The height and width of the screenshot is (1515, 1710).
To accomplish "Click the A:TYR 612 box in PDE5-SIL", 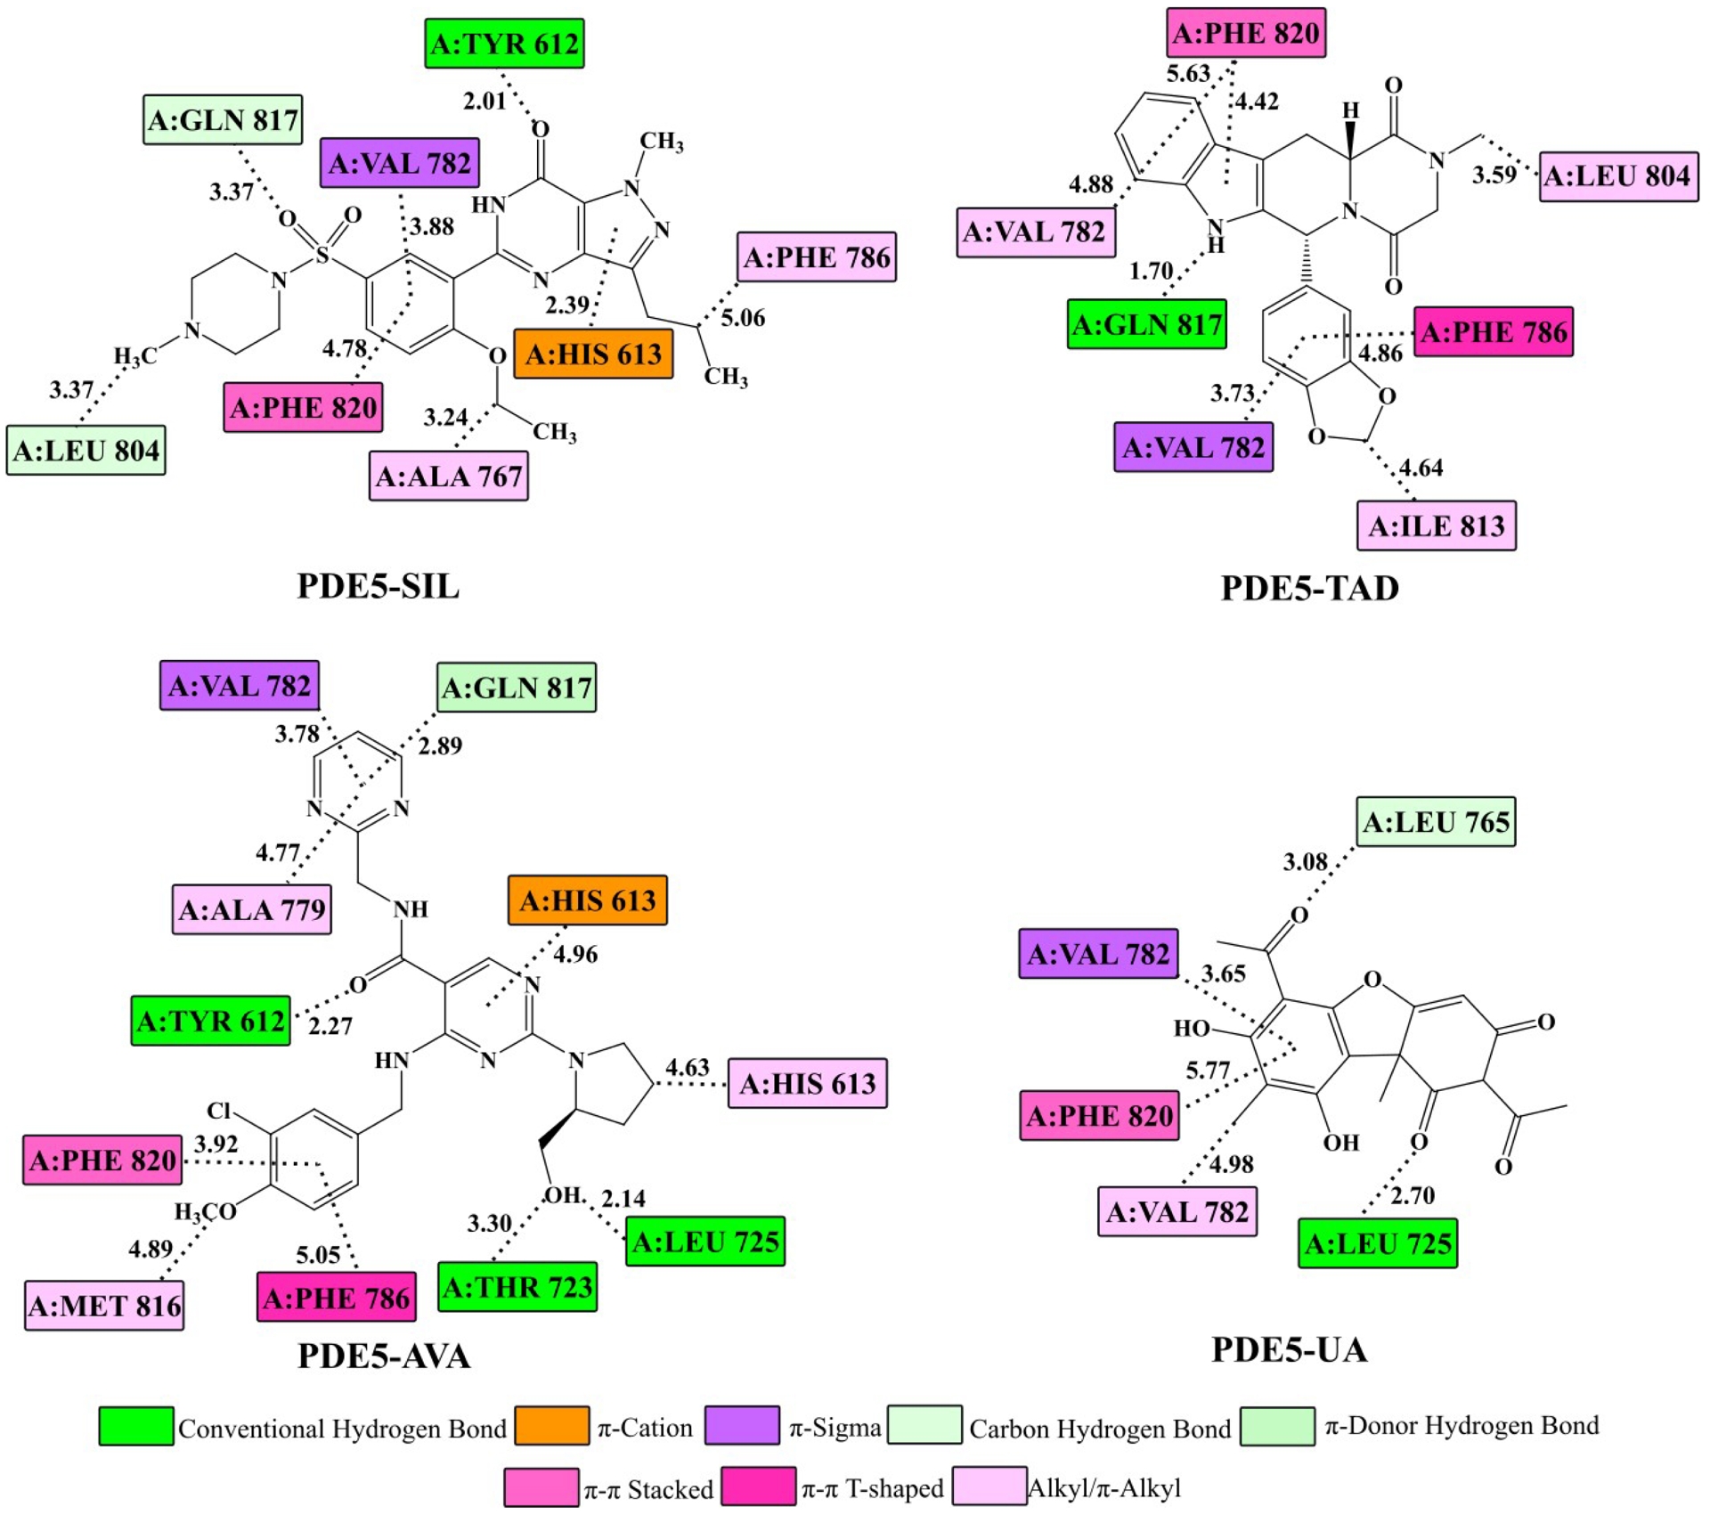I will tap(504, 44).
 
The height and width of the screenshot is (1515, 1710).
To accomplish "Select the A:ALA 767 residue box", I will tap(449, 476).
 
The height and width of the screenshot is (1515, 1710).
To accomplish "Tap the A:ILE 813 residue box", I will tap(1436, 526).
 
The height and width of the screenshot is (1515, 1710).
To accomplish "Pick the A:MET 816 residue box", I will tap(104, 1306).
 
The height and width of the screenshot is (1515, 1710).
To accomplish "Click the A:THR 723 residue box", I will tap(517, 1287).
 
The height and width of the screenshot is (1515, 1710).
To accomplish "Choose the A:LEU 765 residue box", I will tap(1436, 821).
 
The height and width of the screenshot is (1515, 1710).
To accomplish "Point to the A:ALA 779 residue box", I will tap(252, 909).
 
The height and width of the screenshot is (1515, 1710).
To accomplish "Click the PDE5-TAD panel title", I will tap(1309, 589).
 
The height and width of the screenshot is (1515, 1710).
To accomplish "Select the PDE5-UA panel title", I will tap(1289, 1350).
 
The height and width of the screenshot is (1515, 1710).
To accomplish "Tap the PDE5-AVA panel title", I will tap(384, 1356).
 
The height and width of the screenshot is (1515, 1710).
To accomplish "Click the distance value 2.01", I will tap(484, 102).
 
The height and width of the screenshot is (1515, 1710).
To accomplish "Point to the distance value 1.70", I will tap(1151, 270).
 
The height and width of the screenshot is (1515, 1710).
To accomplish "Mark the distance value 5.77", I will tap(1207, 1070).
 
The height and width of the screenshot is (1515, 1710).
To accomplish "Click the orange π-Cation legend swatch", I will tap(551, 1426).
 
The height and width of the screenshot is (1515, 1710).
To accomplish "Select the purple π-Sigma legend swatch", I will tap(742, 1426).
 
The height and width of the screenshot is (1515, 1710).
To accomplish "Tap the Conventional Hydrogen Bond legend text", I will tap(342, 1429).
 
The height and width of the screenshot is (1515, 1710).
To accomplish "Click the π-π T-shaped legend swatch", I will tap(758, 1486).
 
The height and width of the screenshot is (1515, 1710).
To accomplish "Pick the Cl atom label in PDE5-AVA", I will tap(219, 1111).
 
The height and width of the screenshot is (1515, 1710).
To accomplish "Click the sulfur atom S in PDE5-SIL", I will tap(322, 256).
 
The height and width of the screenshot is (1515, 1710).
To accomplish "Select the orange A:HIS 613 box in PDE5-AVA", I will tap(587, 900).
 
